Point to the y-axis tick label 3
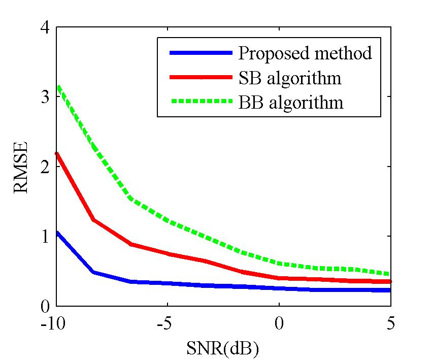[x=45, y=96]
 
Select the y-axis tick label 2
[x=45, y=167]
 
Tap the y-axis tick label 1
[x=45, y=236]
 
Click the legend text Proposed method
[x=305, y=53]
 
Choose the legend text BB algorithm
[x=290, y=103]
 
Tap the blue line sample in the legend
[x=201, y=53]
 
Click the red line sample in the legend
[x=201, y=77]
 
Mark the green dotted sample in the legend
[x=201, y=102]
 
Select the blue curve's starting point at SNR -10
[x=56, y=233]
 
